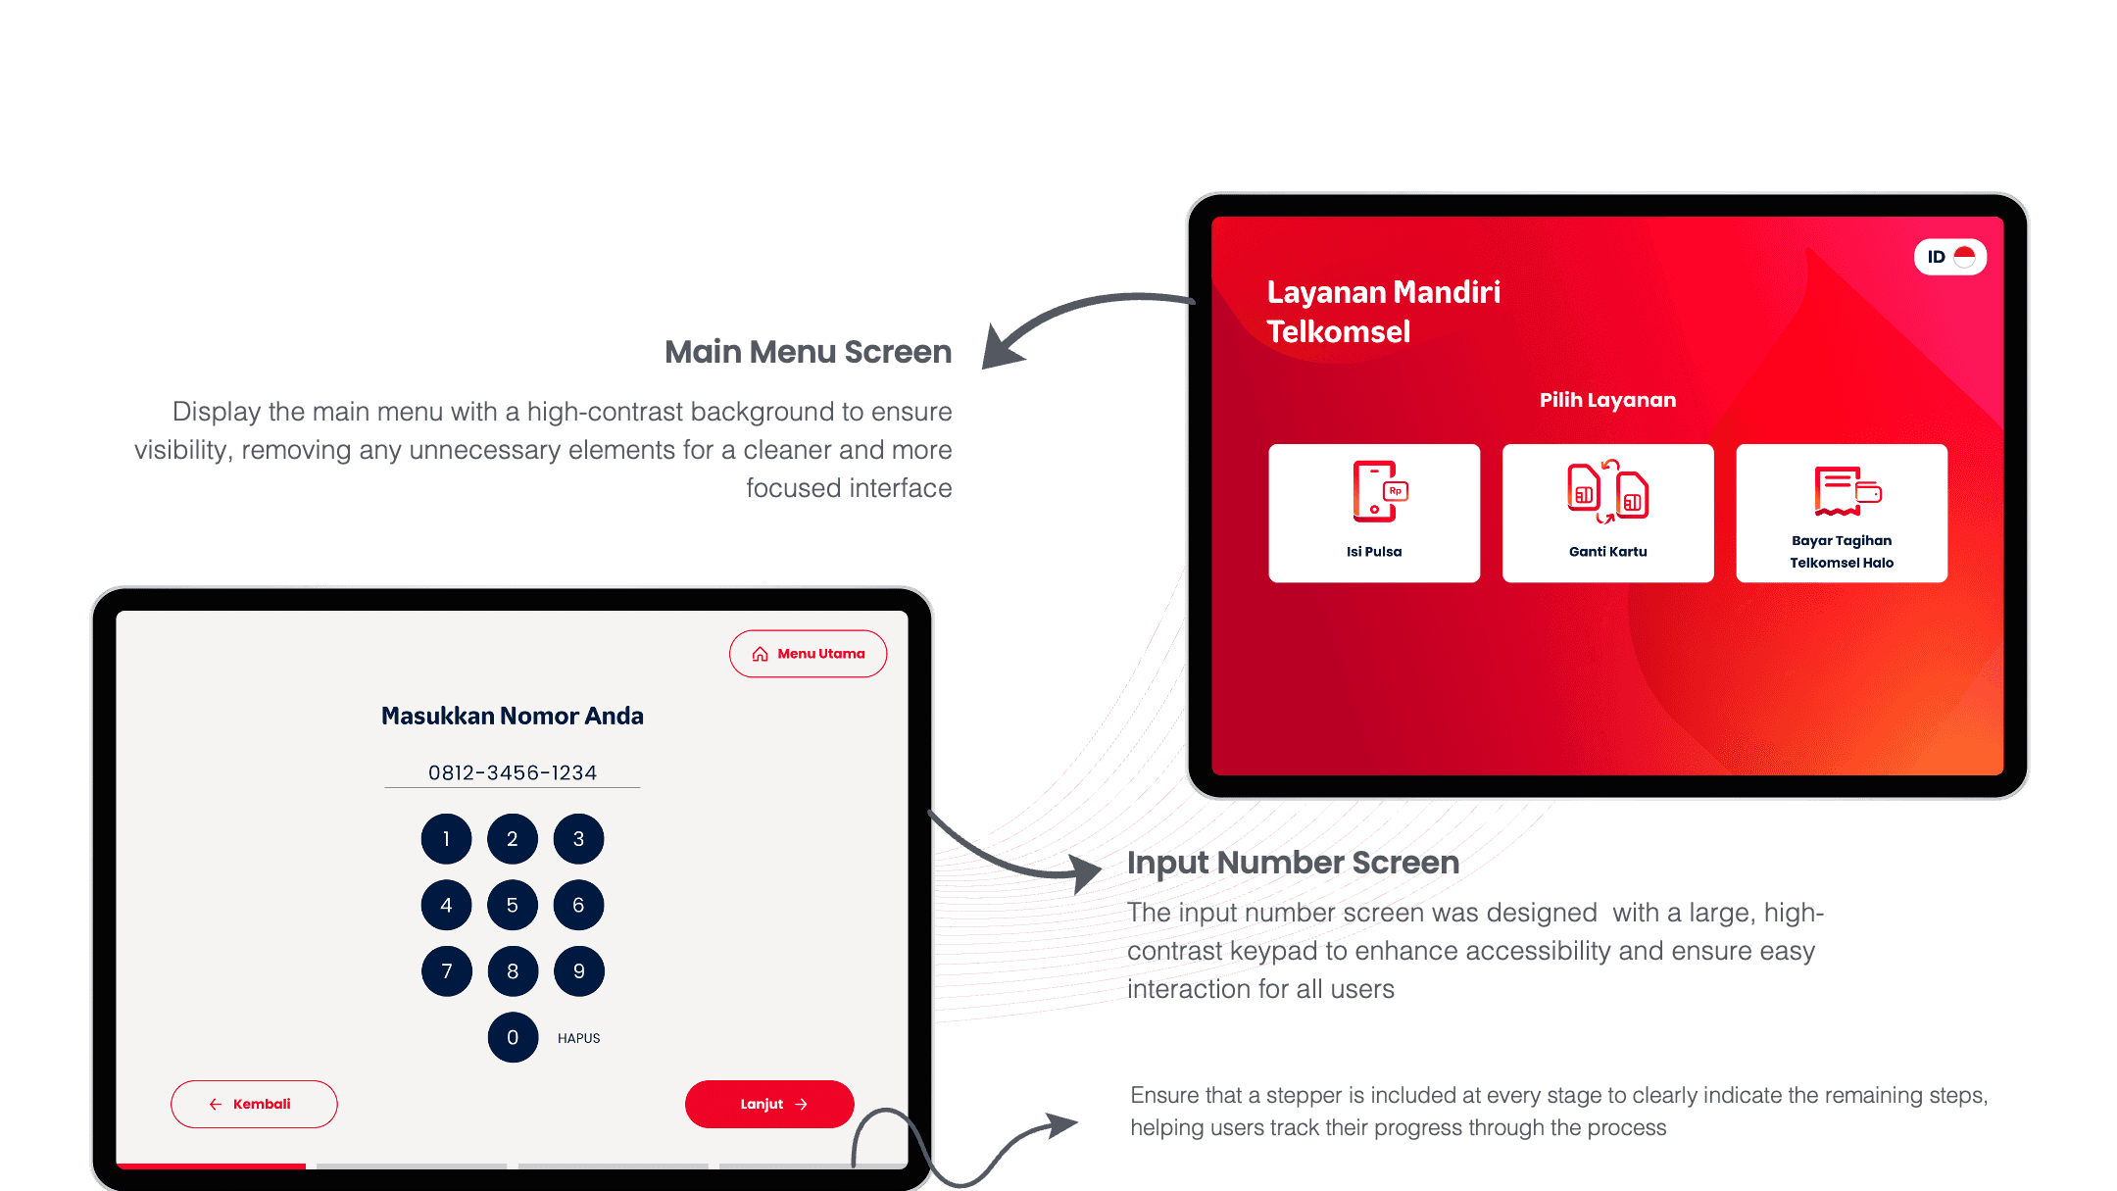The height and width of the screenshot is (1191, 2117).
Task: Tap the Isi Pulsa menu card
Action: [1374, 513]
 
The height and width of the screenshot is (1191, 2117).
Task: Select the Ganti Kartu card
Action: [1607, 513]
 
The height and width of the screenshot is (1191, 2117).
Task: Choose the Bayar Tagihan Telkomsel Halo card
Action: [1842, 513]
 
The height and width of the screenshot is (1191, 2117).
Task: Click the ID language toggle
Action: [1950, 257]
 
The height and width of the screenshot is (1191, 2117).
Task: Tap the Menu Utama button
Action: [808, 654]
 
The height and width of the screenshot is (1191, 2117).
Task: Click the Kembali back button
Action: [254, 1104]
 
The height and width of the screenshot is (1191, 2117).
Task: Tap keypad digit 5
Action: [513, 905]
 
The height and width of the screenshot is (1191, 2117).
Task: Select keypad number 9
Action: [578, 971]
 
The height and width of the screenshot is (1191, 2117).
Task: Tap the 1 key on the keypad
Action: [446, 839]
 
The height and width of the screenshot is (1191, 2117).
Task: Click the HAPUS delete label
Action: [578, 1038]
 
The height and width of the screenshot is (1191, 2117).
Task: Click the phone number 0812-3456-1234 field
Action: [513, 772]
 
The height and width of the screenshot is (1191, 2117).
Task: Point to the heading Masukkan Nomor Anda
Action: [513, 716]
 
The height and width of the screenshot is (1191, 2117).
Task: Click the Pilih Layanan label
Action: [1607, 400]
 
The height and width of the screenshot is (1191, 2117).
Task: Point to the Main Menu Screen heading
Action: [808, 352]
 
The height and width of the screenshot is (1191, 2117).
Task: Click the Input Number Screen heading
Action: [1293, 863]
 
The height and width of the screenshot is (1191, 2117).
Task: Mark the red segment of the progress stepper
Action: [211, 1166]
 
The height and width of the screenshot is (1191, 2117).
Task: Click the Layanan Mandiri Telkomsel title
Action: [1383, 312]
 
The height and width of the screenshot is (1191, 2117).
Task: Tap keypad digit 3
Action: [578, 839]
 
